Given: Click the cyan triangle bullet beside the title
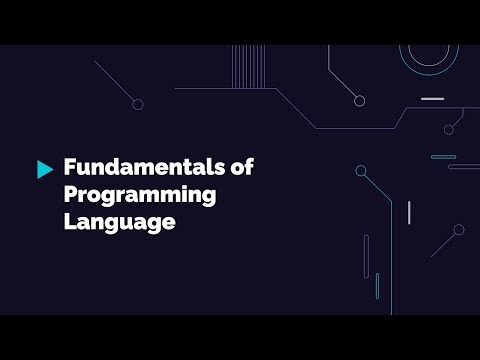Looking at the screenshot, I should (44, 169).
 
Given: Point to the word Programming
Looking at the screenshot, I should (140, 196).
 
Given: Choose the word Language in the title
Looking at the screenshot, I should (119, 222).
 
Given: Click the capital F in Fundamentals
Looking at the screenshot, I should (70, 168).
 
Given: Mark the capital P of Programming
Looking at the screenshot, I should (71, 195).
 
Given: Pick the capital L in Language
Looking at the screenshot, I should (70, 222).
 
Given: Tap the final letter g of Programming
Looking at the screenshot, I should (208, 199).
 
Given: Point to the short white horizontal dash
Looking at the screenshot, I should (432, 99).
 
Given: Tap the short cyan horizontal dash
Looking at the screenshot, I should (443, 157).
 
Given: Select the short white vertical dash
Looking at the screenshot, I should (408, 212).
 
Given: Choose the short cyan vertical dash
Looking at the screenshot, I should (377, 285).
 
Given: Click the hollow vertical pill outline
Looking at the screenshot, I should (366, 256).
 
